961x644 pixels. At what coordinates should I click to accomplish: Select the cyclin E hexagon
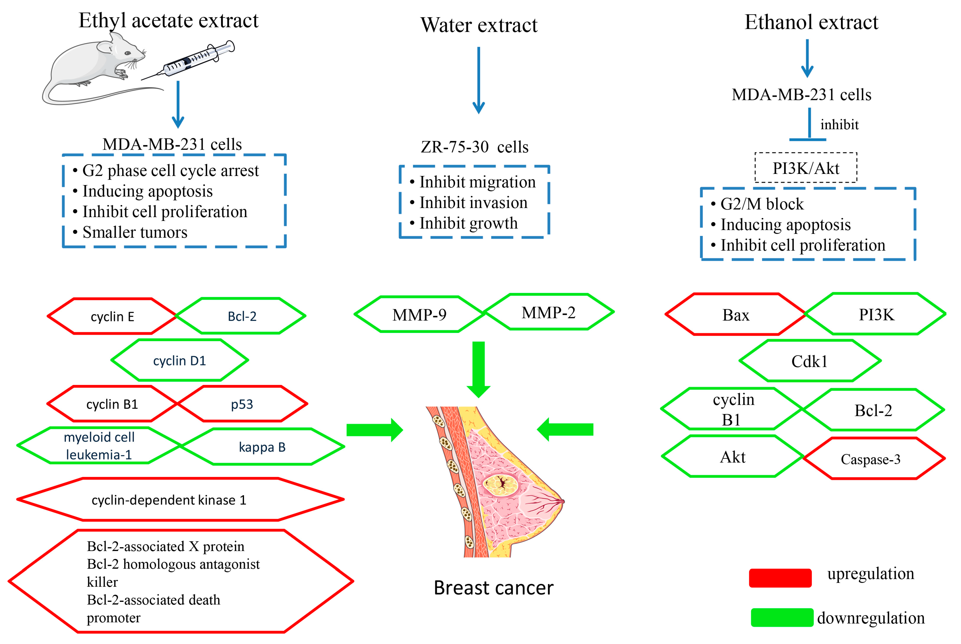pyautogui.click(x=112, y=316)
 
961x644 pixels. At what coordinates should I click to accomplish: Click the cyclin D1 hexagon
pyautogui.click(x=180, y=361)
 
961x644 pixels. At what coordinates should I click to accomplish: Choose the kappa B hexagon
pyautogui.click(x=262, y=447)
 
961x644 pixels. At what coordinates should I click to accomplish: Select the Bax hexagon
pyautogui.click(x=735, y=315)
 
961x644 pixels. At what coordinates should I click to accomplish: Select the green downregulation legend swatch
pyautogui.click(x=781, y=617)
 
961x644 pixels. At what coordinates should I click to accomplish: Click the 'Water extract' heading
pyautogui.click(x=479, y=25)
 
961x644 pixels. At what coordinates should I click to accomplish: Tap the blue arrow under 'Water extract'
pyautogui.click(x=479, y=80)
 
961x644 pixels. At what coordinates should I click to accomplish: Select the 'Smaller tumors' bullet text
pyautogui.click(x=135, y=232)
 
